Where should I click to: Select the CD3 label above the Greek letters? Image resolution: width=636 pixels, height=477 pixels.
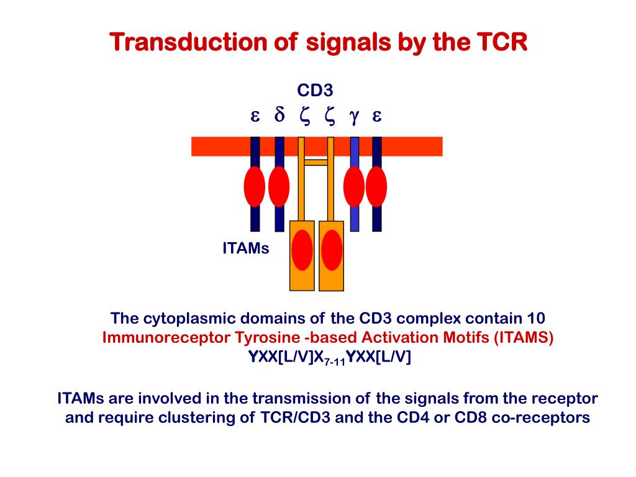[316, 91]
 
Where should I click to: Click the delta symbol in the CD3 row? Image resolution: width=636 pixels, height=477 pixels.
[279, 116]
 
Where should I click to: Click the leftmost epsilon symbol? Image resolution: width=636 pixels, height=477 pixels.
[255, 116]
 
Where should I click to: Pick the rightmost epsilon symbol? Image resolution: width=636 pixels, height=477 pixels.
[376, 116]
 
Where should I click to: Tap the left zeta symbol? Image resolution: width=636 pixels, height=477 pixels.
[304, 116]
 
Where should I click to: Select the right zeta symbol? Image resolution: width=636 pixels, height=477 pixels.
[329, 116]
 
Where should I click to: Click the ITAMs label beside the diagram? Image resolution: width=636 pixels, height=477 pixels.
[246, 249]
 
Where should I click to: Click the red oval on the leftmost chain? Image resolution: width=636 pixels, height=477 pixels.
[255, 186]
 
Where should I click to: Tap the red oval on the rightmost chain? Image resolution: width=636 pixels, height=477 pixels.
[376, 186]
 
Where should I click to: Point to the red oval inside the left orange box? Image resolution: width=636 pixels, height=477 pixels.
[302, 250]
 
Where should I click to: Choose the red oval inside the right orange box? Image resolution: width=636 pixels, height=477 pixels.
[332, 250]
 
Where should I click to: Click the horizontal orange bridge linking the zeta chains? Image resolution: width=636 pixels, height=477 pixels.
[316, 162]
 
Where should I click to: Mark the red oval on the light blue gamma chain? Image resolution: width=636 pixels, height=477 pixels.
[354, 186]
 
